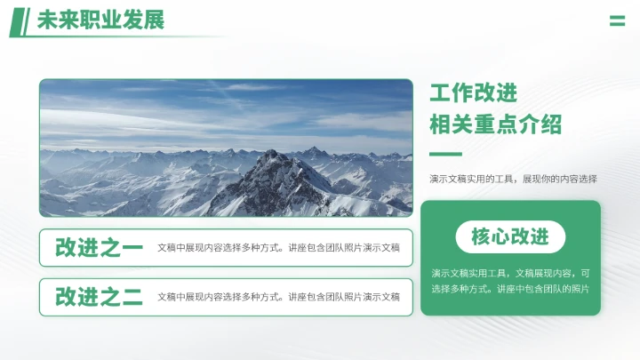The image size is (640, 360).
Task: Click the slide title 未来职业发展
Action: [x=100, y=20]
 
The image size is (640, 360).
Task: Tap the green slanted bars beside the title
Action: [x=20, y=21]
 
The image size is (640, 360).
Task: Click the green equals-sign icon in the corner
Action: [x=617, y=20]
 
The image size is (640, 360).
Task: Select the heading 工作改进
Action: [x=473, y=93]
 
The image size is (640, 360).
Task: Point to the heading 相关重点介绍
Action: [x=495, y=124]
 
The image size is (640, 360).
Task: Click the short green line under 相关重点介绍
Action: [x=445, y=154]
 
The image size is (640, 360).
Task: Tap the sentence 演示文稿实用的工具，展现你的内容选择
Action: [x=513, y=179]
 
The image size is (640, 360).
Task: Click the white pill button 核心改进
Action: [x=510, y=236]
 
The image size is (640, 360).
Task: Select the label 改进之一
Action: [x=99, y=248]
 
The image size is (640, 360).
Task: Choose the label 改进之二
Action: [x=99, y=297]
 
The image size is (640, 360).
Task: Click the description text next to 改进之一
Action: [x=278, y=248]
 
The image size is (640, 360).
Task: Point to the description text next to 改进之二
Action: [x=278, y=297]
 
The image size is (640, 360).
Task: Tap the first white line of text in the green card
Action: [x=510, y=273]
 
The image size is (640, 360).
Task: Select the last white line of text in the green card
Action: [x=510, y=289]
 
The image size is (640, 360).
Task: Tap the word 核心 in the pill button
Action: [x=492, y=236]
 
